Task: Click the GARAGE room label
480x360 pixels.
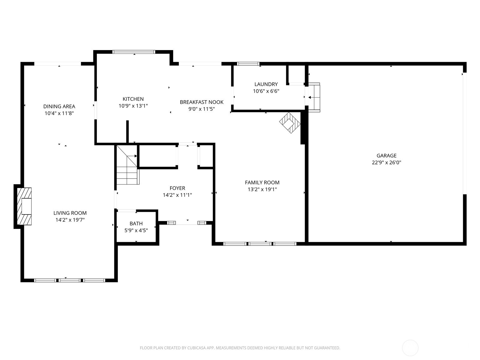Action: point(386,155)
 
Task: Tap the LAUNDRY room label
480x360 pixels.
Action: point(266,84)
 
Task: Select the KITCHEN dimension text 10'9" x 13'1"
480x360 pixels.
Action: point(133,106)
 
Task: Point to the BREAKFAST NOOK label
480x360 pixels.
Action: point(202,102)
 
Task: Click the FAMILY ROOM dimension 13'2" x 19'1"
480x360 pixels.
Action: point(262,189)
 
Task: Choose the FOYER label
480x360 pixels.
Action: point(177,188)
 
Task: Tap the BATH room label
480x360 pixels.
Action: point(136,223)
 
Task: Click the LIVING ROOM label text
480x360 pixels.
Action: point(70,213)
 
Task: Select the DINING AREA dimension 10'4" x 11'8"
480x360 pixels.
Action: point(59,113)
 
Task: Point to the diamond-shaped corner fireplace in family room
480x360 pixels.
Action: point(289,123)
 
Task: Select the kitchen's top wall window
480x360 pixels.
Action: point(134,52)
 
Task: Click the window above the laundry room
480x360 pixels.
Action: point(248,64)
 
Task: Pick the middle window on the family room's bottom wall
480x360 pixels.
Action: point(260,244)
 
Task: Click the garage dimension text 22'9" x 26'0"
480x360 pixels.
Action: point(386,163)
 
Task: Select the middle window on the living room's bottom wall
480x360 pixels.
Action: point(70,280)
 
